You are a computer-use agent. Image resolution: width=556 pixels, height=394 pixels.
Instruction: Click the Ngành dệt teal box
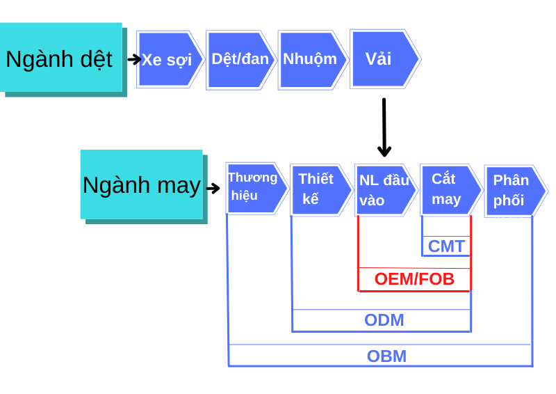(x=61, y=58)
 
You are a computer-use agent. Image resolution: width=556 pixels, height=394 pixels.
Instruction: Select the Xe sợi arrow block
(x=169, y=59)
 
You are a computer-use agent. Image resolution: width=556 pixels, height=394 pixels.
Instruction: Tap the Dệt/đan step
(x=240, y=59)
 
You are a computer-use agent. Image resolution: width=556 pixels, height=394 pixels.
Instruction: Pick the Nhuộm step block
(x=311, y=59)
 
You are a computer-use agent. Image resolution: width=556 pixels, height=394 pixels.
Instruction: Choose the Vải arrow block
(x=383, y=59)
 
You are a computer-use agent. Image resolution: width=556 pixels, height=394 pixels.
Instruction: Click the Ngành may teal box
(x=141, y=184)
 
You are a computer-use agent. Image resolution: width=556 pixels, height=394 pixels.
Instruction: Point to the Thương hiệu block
(x=254, y=187)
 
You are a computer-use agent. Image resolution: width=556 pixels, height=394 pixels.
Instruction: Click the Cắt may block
(x=449, y=189)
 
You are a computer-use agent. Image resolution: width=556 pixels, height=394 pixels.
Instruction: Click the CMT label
(x=446, y=246)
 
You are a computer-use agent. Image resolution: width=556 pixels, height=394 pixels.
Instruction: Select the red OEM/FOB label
(x=414, y=279)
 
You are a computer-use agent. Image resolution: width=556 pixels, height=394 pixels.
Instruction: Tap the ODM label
(x=384, y=320)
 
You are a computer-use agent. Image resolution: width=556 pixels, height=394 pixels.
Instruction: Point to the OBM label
(x=387, y=356)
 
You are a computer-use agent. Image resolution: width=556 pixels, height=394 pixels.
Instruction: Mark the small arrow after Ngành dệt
(x=134, y=59)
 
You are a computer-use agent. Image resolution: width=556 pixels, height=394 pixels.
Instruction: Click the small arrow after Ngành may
(x=213, y=188)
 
